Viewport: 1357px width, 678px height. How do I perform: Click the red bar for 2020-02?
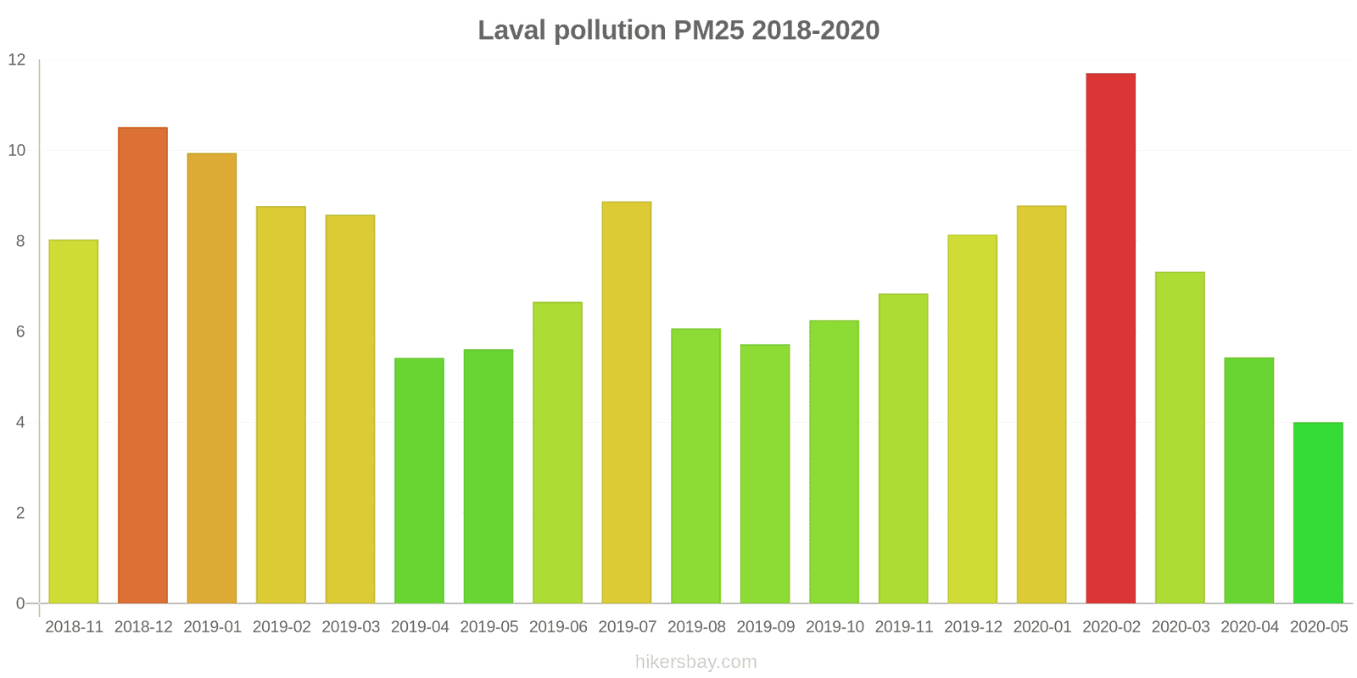(1110, 338)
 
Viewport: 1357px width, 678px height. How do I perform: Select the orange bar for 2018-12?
(142, 365)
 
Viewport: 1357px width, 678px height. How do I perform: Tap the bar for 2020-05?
(1318, 513)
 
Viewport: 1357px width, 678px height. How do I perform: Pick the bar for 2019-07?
(627, 403)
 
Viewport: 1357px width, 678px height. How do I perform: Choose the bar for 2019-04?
(419, 481)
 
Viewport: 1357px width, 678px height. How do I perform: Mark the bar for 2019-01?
(212, 378)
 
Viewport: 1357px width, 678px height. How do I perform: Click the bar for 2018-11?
(73, 421)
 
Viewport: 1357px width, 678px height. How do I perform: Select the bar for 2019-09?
(765, 474)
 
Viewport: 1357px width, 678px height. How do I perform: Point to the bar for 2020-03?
(1180, 437)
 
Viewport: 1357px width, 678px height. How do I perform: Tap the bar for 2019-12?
(972, 419)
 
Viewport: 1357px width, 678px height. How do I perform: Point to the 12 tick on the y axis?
(17, 60)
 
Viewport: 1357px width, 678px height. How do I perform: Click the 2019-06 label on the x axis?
(558, 627)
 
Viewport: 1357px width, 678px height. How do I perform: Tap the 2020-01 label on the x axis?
(1042, 627)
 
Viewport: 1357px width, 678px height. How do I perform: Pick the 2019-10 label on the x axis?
(835, 627)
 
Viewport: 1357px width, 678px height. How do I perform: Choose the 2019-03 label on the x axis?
(350, 627)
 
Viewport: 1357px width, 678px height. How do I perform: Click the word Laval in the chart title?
(512, 31)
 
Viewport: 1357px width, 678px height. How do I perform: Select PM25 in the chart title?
(709, 31)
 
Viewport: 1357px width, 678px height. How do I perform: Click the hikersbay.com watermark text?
(695, 662)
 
